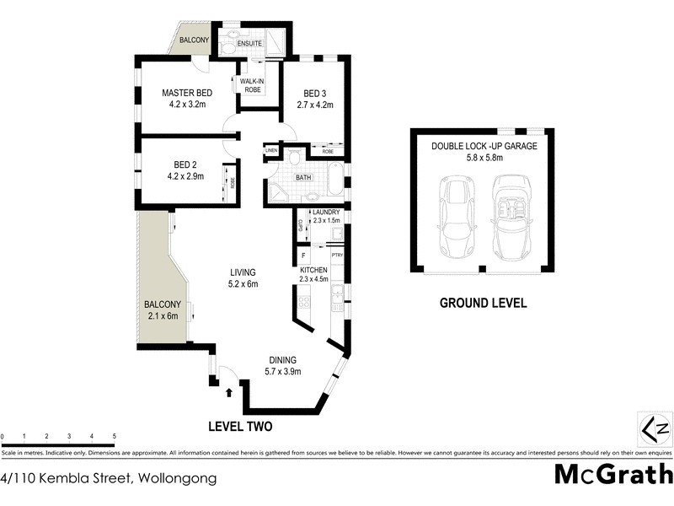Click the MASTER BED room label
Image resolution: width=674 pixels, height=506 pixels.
(x=187, y=93)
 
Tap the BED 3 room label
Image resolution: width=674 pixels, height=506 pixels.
(x=315, y=93)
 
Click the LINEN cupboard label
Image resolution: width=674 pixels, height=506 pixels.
(x=272, y=150)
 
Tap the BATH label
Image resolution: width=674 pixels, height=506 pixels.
(x=304, y=178)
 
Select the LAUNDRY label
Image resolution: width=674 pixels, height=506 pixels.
(x=325, y=212)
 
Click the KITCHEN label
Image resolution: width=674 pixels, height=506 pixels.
(x=314, y=266)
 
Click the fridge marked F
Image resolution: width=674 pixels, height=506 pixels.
(x=302, y=254)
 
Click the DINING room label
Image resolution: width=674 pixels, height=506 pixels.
(x=283, y=358)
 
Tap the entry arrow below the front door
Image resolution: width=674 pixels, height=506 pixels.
(x=230, y=391)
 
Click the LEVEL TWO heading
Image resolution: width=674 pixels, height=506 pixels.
(x=239, y=427)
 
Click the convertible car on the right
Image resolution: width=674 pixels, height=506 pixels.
(x=511, y=218)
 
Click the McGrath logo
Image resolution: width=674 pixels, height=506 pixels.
(x=612, y=475)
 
